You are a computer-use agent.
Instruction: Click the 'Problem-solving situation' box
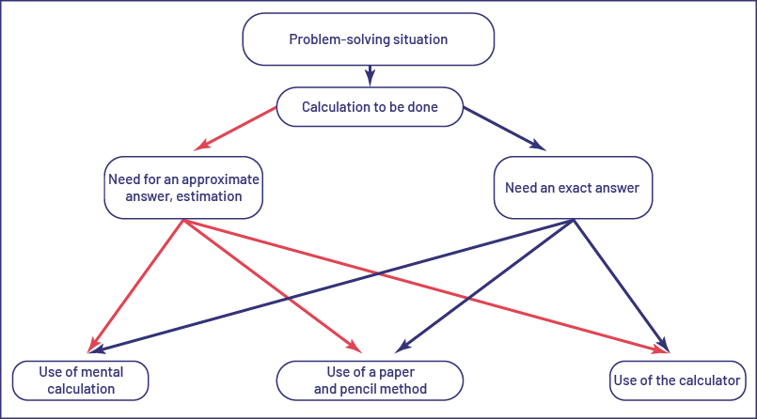368,39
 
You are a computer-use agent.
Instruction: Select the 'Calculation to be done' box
370,107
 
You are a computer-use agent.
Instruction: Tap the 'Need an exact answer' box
572,188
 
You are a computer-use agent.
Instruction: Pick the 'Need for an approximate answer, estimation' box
182,188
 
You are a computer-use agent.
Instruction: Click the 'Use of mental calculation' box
82,380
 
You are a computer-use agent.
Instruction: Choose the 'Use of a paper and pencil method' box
370,380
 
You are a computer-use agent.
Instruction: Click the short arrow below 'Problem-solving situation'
370,74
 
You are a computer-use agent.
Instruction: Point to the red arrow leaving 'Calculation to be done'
235,130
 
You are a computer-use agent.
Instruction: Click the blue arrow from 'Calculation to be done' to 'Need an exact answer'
508,130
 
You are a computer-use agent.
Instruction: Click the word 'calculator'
712,380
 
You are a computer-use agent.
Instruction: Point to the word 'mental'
103,372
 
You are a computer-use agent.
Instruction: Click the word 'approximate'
222,178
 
